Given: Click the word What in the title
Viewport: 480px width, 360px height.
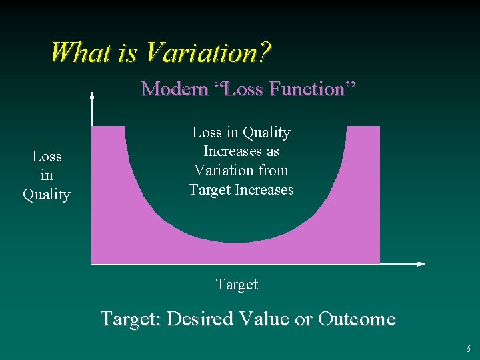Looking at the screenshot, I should point(82,52).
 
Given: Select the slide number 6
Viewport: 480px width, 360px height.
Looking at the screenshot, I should point(468,349).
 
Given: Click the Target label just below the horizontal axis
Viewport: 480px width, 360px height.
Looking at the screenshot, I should point(237,285).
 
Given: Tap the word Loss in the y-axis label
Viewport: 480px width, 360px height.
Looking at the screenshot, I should point(47,157).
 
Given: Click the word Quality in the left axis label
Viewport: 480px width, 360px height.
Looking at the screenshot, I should point(47,195).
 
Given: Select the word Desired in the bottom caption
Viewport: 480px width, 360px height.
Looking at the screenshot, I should point(199,319).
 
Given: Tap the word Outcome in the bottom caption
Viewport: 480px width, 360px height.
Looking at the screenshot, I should point(357,319).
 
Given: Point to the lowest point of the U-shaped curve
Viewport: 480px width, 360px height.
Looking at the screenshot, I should point(235,241).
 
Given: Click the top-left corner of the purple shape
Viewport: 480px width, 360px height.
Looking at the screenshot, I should point(92,127).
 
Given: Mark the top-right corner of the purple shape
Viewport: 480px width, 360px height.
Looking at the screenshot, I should point(379,127).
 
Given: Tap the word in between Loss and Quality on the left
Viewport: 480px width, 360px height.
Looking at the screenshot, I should point(47,175).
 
